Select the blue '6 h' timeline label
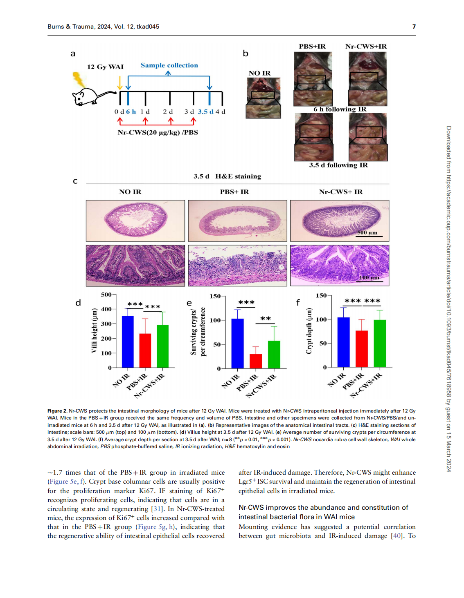click(x=131, y=112)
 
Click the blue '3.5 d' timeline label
click(x=205, y=112)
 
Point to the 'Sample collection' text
click(x=169, y=65)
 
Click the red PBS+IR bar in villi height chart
click(x=145, y=350)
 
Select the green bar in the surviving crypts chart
click(x=274, y=355)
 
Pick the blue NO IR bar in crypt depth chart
click(x=343, y=342)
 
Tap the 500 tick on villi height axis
click(x=106, y=295)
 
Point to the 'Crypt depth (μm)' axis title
click(x=309, y=331)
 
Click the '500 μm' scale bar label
click(x=367, y=232)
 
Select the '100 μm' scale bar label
click(x=369, y=277)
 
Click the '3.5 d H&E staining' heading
click(x=227, y=176)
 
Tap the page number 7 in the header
click(x=414, y=27)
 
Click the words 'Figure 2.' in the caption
click(x=57, y=411)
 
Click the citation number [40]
click(x=396, y=536)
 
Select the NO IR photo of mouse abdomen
click(x=263, y=98)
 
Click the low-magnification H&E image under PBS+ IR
click(x=237, y=221)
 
